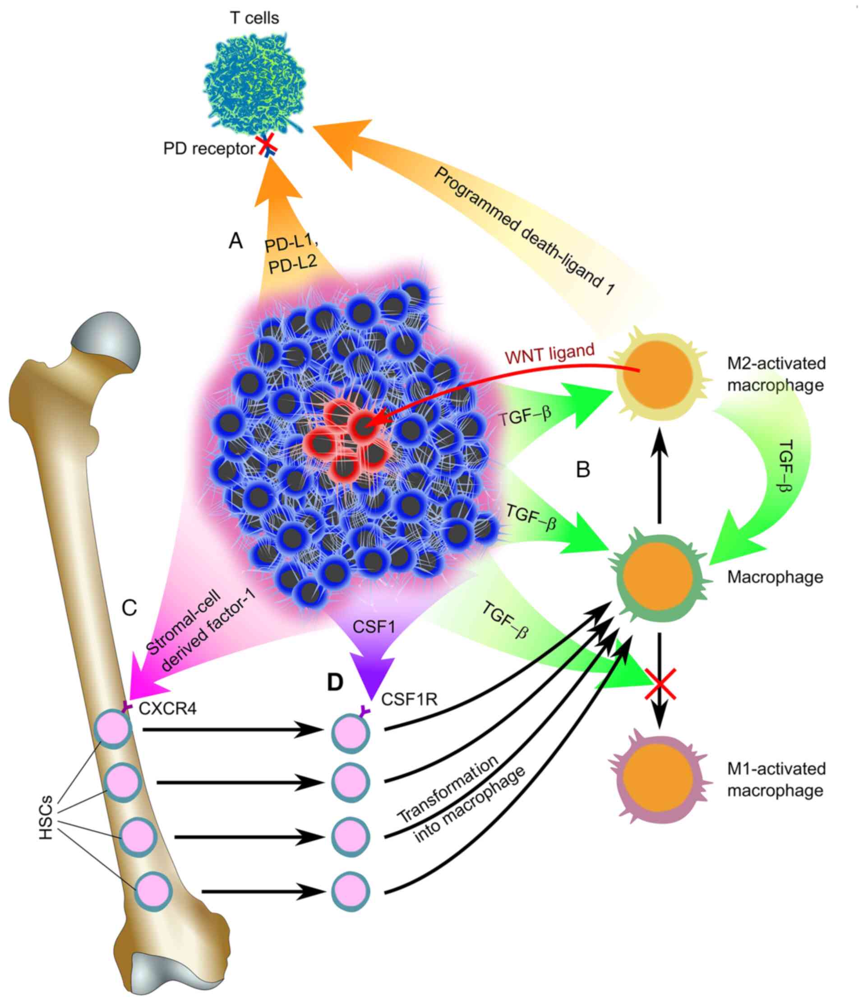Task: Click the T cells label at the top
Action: click(254, 18)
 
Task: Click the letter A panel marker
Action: click(235, 241)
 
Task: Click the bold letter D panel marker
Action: click(335, 682)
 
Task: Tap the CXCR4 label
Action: click(167, 709)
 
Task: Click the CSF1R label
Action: click(409, 699)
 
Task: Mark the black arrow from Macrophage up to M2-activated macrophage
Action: click(659, 478)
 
